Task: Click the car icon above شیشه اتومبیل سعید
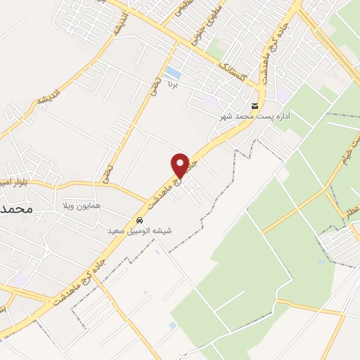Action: coord(139,219)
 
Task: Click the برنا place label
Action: coord(173,84)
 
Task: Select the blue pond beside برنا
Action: coord(171,72)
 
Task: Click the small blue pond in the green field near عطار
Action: coord(321,262)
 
